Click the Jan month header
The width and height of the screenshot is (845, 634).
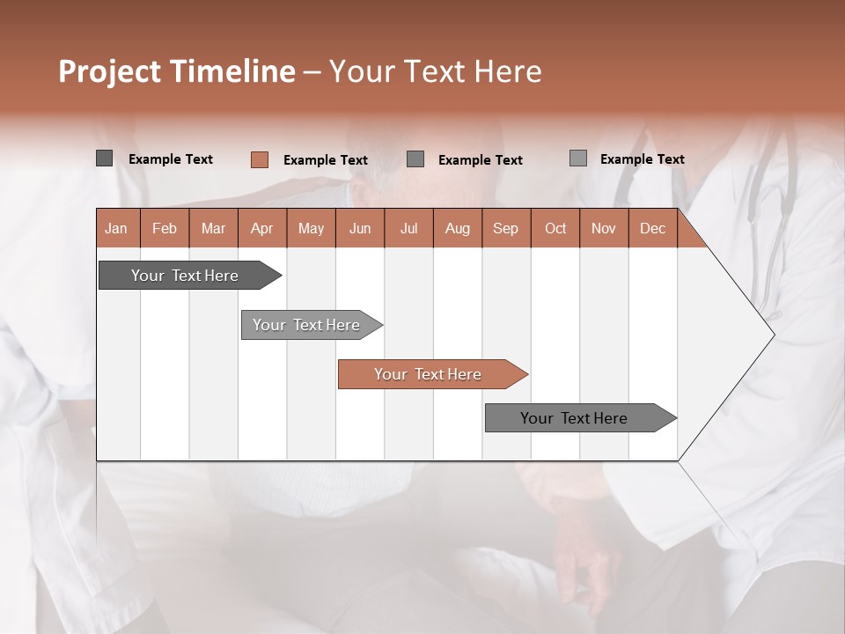coord(116,229)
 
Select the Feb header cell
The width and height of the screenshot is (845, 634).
coord(165,229)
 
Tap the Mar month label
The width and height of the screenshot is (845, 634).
coord(213,229)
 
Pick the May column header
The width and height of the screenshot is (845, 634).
coord(311,229)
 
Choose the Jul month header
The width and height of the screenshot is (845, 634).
coord(408,229)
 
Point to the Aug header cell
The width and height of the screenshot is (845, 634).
coord(457,229)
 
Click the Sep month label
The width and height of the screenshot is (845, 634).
coord(505,229)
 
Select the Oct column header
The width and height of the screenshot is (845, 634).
coord(555,229)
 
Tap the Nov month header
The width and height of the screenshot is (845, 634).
coord(604,229)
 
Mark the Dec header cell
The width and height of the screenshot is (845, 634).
coord(652,229)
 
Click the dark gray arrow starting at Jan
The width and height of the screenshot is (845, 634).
coord(186,276)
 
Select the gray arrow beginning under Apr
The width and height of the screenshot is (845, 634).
coord(307,325)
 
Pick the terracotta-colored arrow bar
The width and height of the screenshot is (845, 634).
coord(429,374)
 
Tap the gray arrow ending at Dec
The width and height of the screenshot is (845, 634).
coord(575,418)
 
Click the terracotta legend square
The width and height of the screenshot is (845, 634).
coord(259,159)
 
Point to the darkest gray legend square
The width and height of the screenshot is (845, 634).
coord(104,158)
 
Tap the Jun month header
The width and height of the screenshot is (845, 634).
coord(360,229)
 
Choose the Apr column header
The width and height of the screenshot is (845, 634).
coord(261,229)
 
